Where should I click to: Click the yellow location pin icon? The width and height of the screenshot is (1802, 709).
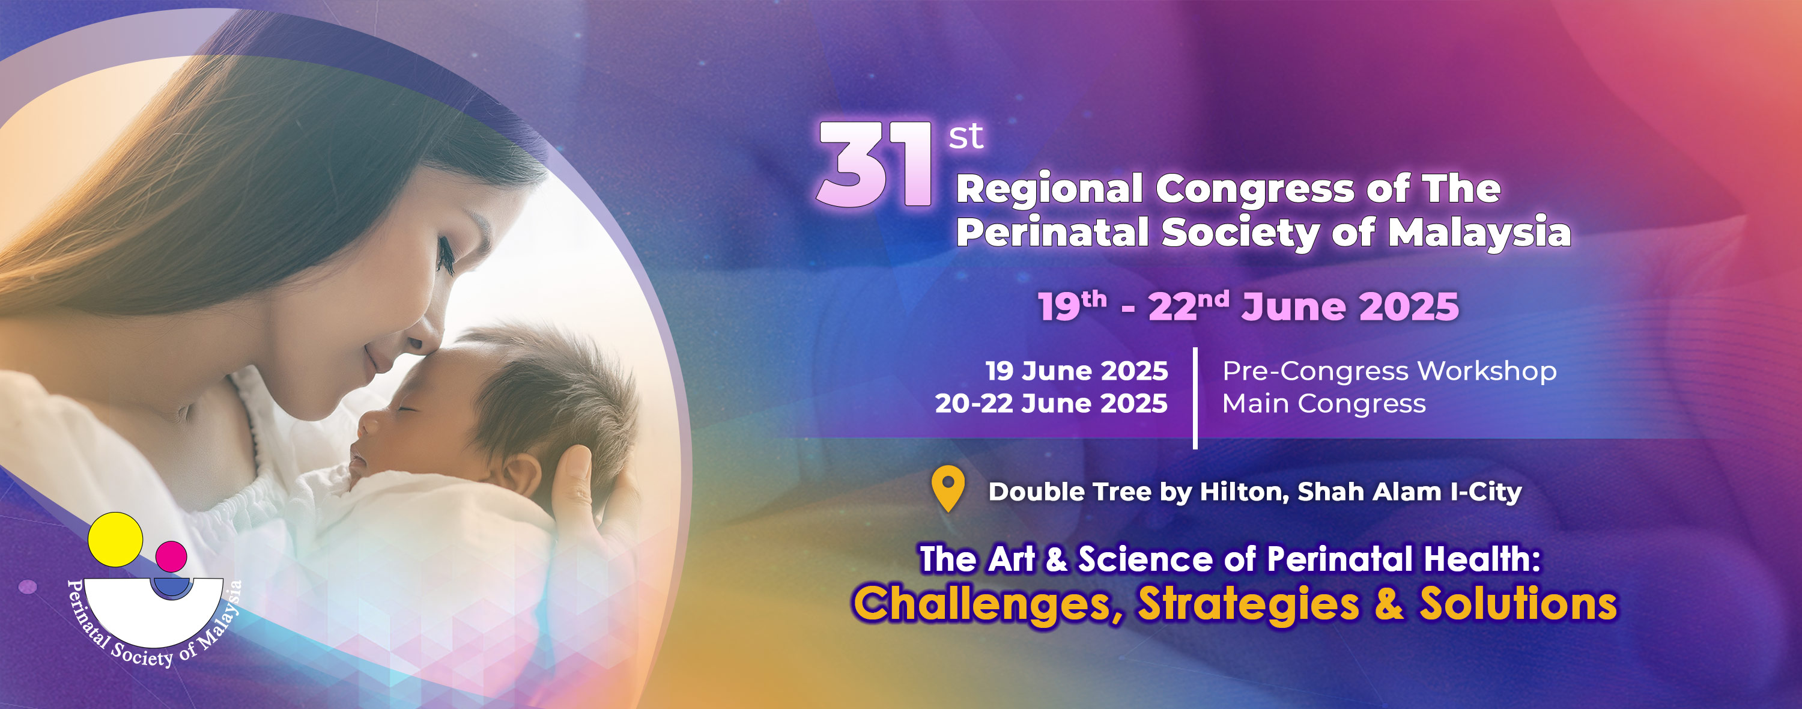[948, 488]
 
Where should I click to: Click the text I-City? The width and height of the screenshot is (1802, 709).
[1487, 492]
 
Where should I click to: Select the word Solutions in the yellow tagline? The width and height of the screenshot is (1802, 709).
[1518, 603]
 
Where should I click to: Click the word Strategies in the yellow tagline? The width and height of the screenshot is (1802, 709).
[1249, 604]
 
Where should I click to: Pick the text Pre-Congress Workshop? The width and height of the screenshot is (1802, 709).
[1389, 371]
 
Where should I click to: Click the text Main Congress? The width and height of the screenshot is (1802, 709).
[1323, 404]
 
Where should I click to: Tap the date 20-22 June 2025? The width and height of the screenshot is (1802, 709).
[1051, 404]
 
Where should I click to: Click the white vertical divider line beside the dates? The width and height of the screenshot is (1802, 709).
[1195, 398]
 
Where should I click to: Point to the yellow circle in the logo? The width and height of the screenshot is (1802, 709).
[115, 540]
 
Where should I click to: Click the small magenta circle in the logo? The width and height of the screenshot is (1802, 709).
[171, 556]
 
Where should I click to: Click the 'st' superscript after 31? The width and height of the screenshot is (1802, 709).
[966, 136]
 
